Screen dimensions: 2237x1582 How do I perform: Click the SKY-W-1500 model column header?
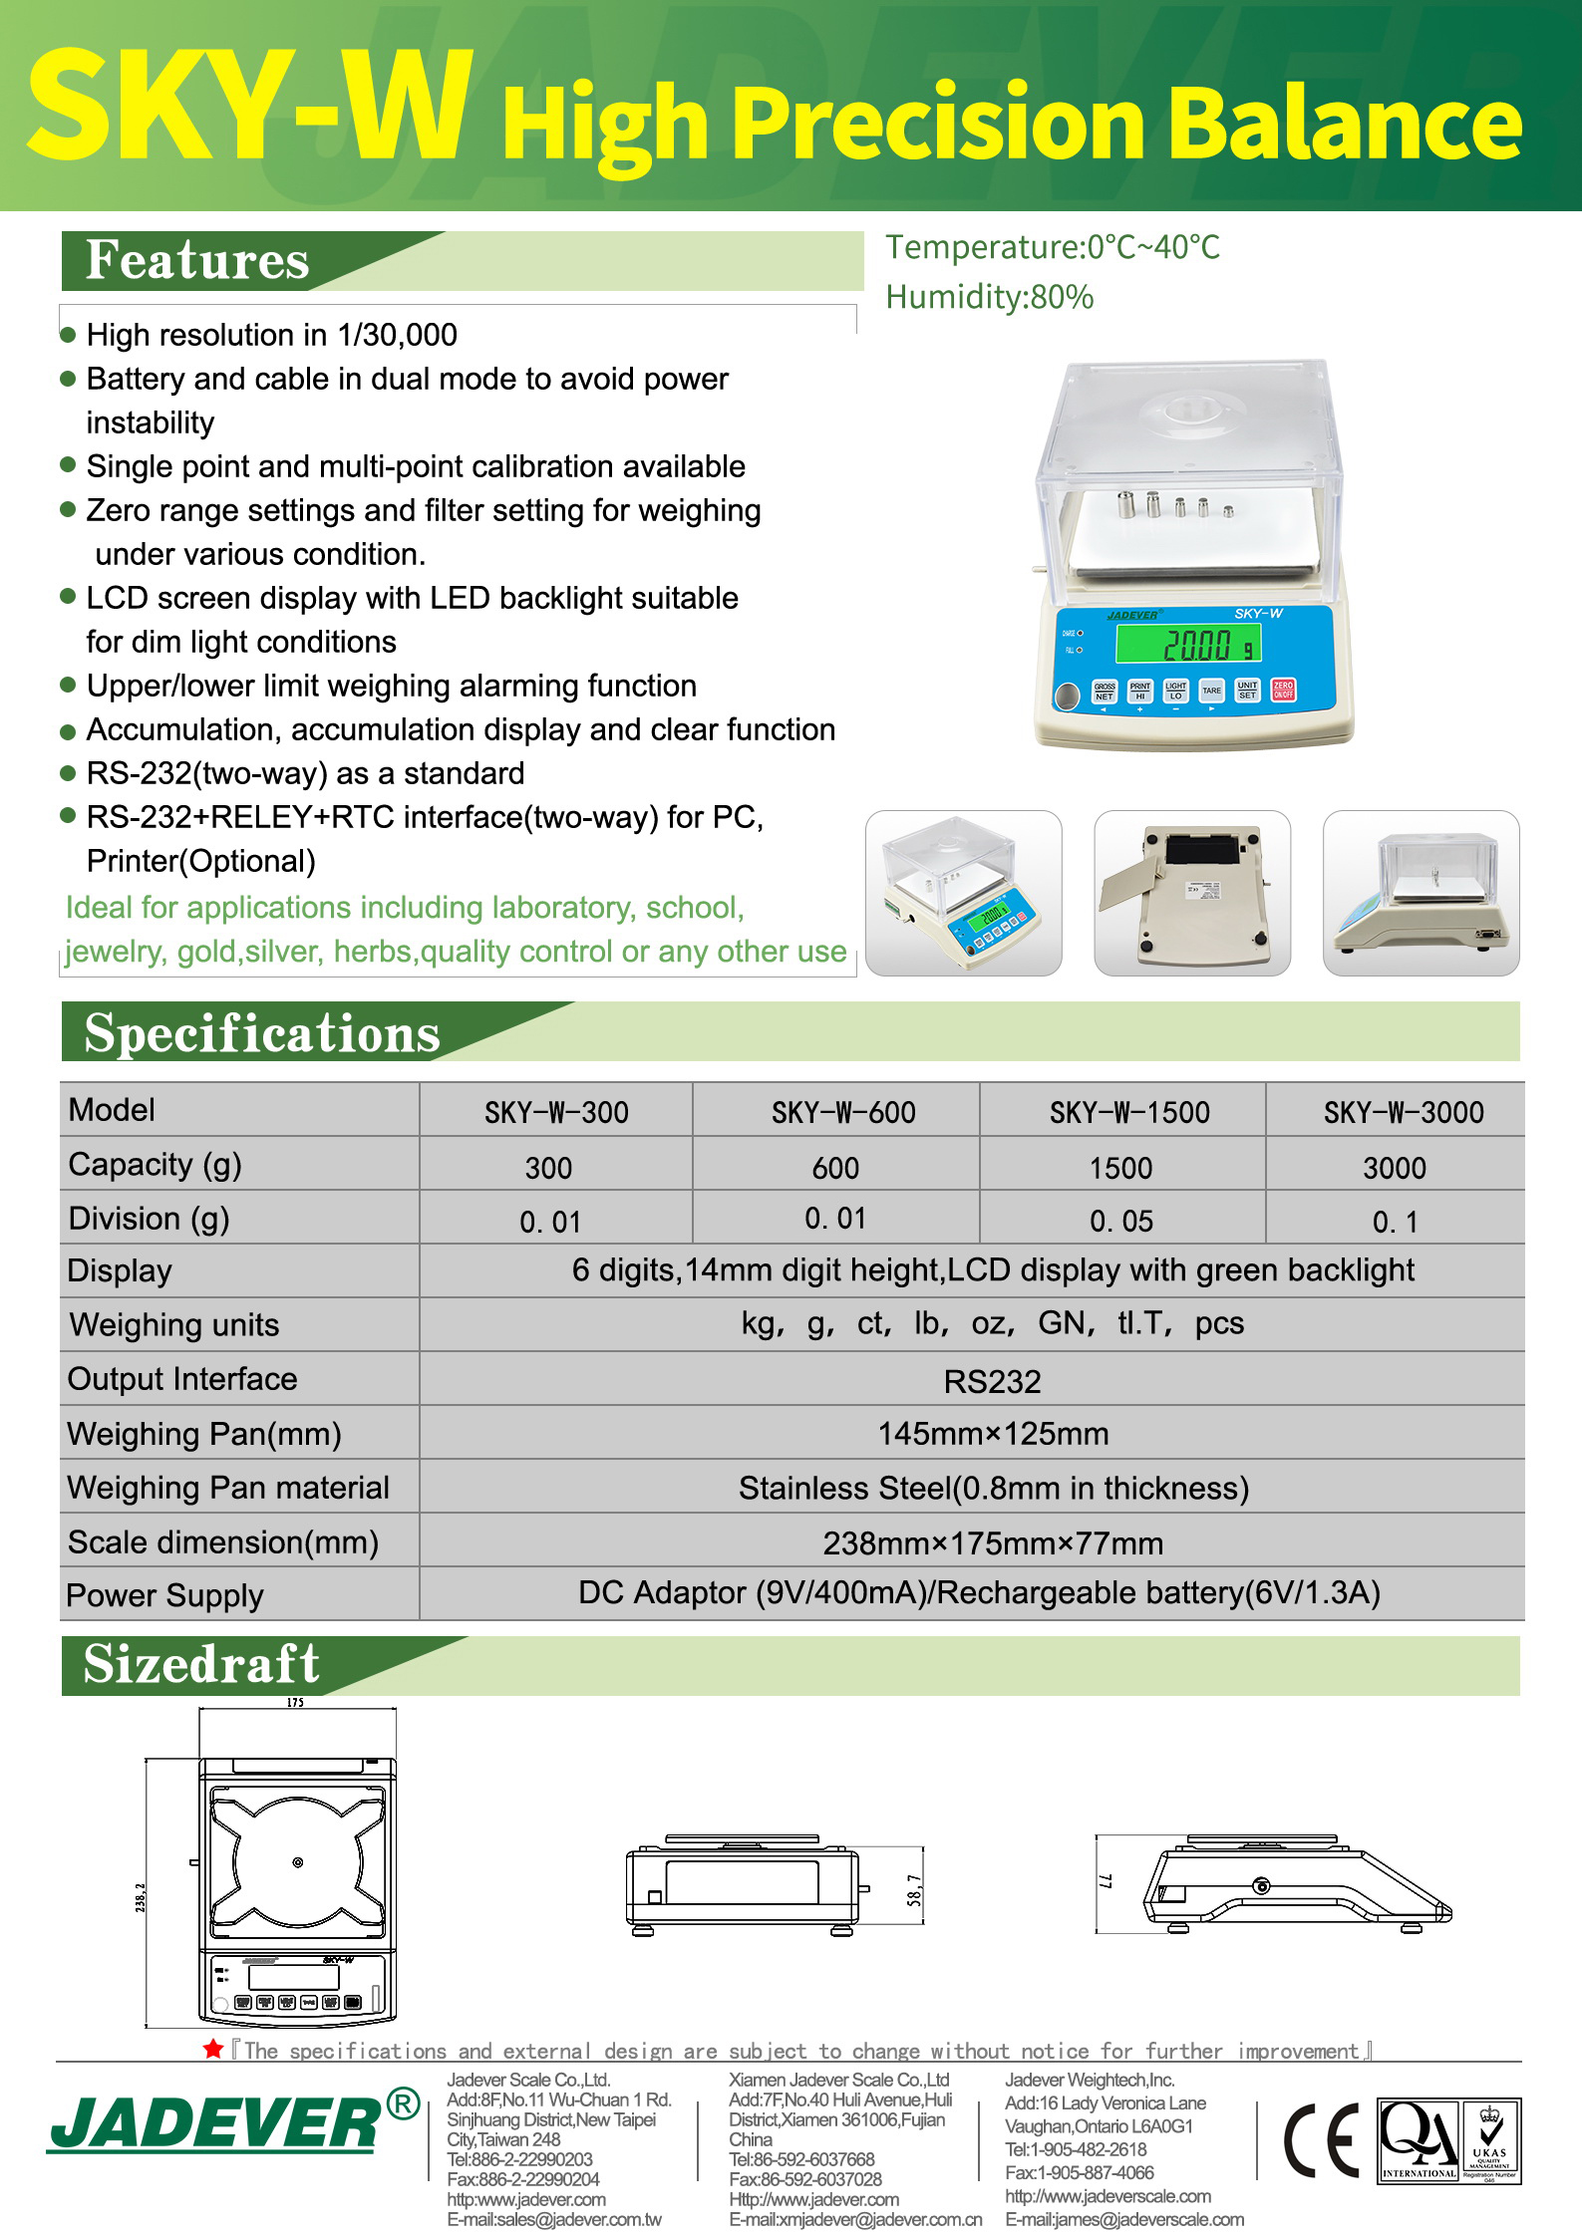point(1129,1112)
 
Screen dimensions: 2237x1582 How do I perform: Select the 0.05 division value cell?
point(1121,1221)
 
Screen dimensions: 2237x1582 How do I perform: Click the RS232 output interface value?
point(992,1381)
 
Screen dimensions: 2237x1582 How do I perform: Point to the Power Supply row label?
point(164,1595)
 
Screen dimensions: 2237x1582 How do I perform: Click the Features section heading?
point(197,261)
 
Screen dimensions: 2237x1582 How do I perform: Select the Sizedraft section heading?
point(201,1665)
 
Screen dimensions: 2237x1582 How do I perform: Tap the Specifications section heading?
point(262,1033)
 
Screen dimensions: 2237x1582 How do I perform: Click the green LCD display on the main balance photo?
point(1188,644)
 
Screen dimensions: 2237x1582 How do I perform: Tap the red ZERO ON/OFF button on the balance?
point(1283,690)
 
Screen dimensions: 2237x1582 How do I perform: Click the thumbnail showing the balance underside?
point(1192,893)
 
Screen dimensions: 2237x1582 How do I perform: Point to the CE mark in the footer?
point(1321,2141)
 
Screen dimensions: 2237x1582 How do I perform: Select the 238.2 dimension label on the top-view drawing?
point(141,1897)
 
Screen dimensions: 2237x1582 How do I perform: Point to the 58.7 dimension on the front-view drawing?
point(914,1889)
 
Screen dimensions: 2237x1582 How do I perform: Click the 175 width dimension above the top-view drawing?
point(295,1703)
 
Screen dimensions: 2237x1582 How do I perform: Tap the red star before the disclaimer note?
point(212,2050)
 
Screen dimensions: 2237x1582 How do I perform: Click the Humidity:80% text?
point(989,297)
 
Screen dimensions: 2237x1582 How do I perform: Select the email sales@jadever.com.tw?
point(554,2219)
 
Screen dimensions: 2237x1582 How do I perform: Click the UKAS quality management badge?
point(1489,2141)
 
